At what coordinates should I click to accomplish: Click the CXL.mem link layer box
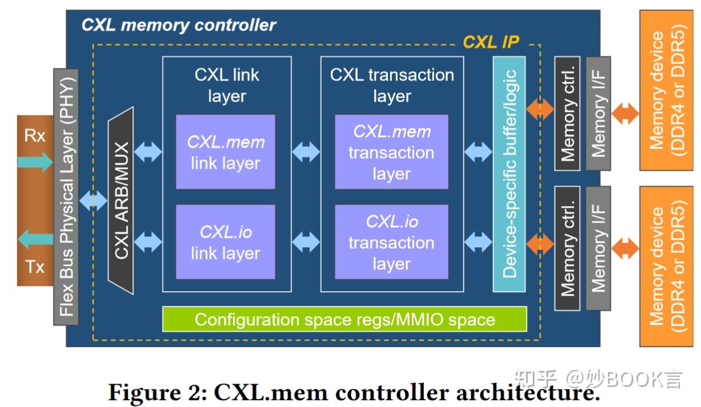[x=225, y=152]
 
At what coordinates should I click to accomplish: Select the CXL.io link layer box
[x=225, y=241]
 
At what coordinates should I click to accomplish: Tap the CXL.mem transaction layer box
[x=391, y=152]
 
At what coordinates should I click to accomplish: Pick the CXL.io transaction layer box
[x=391, y=241]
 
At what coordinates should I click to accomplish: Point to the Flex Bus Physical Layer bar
[x=66, y=197]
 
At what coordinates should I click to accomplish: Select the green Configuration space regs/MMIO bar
[x=345, y=319]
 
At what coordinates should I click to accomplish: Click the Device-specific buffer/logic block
[x=509, y=174]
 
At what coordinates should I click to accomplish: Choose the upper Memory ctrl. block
[x=567, y=114]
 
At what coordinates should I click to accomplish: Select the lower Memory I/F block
[x=598, y=247]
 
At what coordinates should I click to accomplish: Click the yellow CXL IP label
[x=491, y=42]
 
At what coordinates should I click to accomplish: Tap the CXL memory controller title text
[x=179, y=25]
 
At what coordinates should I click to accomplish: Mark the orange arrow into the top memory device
[x=625, y=113]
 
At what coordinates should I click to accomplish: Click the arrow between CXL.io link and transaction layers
[x=306, y=241]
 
